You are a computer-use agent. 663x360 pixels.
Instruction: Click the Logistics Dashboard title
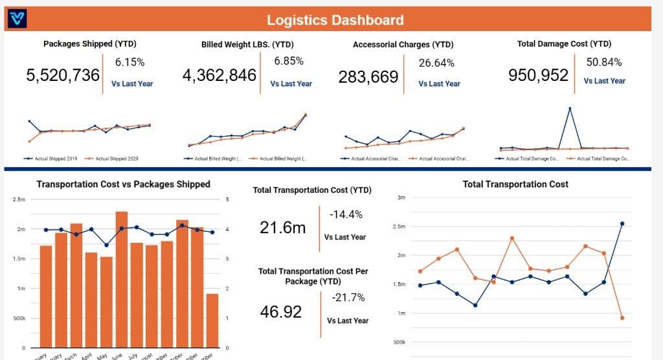coord(335,19)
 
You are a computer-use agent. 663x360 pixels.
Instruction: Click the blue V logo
coord(16,19)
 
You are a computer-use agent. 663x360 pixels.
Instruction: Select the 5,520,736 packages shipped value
coord(63,75)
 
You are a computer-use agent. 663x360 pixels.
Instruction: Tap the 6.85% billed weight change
coord(289,61)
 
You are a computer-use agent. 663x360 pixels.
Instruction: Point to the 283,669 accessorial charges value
coord(368,78)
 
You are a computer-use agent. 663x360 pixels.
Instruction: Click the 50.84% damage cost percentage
coord(604,62)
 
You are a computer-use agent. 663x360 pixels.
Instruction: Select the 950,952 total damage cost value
coord(539,75)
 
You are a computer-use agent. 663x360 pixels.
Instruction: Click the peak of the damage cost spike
coord(570,108)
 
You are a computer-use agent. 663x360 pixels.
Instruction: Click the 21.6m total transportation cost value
coord(283,227)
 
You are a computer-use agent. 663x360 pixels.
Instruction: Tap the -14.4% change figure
coord(346,214)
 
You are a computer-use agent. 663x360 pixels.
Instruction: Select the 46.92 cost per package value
coord(281,311)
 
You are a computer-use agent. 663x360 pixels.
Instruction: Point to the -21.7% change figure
coord(348,298)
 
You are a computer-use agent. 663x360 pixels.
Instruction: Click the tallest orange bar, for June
coord(122,278)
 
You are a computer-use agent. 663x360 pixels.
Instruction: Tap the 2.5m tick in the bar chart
coord(19,199)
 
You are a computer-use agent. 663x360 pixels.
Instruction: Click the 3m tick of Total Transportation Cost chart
coord(401,197)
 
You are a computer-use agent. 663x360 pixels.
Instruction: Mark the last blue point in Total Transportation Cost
coord(622,223)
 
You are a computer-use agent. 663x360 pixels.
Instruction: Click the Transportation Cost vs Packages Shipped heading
coord(123,184)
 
